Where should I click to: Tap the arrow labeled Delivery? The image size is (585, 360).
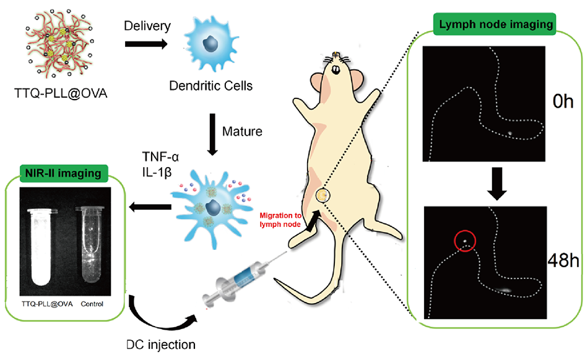click(x=145, y=44)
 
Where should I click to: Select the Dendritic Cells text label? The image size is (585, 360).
click(x=211, y=85)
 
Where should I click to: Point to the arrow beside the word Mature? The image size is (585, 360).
click(x=212, y=133)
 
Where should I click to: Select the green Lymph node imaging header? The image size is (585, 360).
click(x=495, y=25)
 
